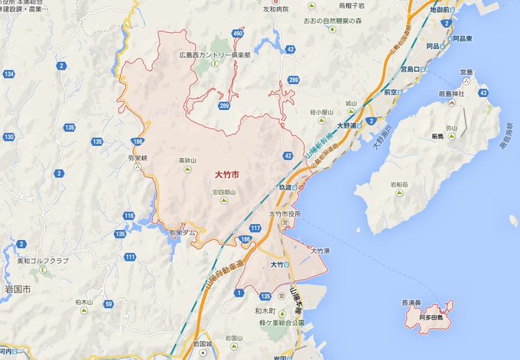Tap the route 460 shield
(x=239, y=34)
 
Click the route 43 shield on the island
(x=483, y=92)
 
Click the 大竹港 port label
(x=320, y=251)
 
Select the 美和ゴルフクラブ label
(x=41, y=261)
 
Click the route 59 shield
(x=109, y=304)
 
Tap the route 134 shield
(x=8, y=73)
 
